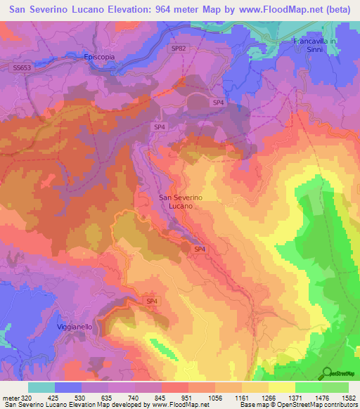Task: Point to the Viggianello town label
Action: pyautogui.click(x=75, y=327)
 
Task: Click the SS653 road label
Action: pyautogui.click(x=21, y=67)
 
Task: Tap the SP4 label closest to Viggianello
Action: pyautogui.click(x=150, y=301)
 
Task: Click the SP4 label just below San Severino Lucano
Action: pyautogui.click(x=200, y=249)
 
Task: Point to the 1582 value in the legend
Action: pyautogui.click(x=347, y=397)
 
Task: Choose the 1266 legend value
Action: pyautogui.click(x=281, y=397)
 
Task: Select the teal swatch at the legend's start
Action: pyautogui.click(x=41, y=387)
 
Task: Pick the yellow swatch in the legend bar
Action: pyautogui.click(x=281, y=387)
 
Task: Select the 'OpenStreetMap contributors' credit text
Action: pyautogui.click(x=320, y=405)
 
